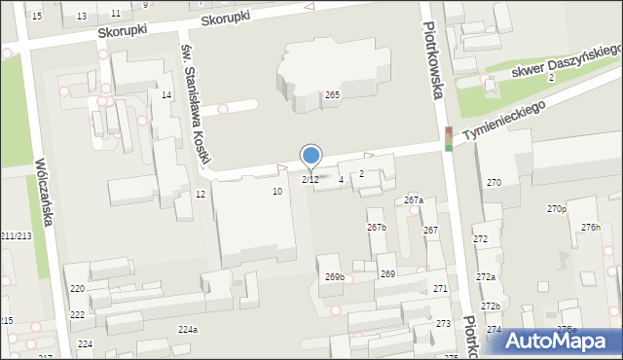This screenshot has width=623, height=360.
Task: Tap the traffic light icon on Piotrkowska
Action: click(x=448, y=139)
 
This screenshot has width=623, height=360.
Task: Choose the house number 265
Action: click(x=332, y=94)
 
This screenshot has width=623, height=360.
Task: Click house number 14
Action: click(x=166, y=94)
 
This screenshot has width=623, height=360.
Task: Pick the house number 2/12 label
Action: click(x=311, y=179)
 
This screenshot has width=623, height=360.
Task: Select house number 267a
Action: click(x=414, y=200)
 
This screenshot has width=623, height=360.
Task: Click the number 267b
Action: click(x=377, y=228)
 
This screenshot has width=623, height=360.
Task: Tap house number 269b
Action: click(x=335, y=277)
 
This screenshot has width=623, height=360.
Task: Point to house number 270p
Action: click(x=557, y=209)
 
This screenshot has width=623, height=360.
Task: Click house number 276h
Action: click(x=591, y=227)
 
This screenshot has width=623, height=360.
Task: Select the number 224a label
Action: click(x=188, y=330)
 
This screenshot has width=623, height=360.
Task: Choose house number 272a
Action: click(x=485, y=277)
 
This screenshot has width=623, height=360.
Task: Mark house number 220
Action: click(x=77, y=290)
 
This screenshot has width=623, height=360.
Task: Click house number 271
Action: click(x=440, y=289)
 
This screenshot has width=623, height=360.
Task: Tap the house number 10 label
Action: click(x=277, y=192)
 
